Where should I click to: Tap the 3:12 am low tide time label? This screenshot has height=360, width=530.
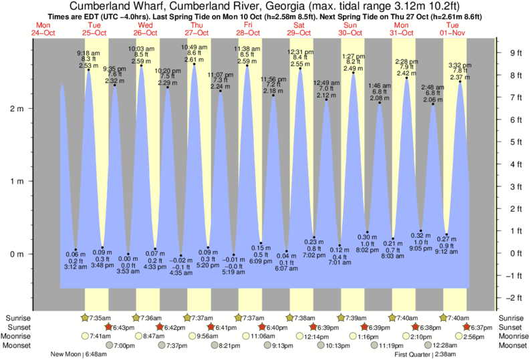[76, 266]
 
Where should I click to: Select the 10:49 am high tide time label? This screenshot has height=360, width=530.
[194, 47]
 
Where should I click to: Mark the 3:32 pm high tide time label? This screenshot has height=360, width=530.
[460, 65]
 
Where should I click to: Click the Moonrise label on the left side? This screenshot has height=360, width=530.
[20, 337]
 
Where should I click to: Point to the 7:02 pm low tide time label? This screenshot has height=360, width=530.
[314, 255]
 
